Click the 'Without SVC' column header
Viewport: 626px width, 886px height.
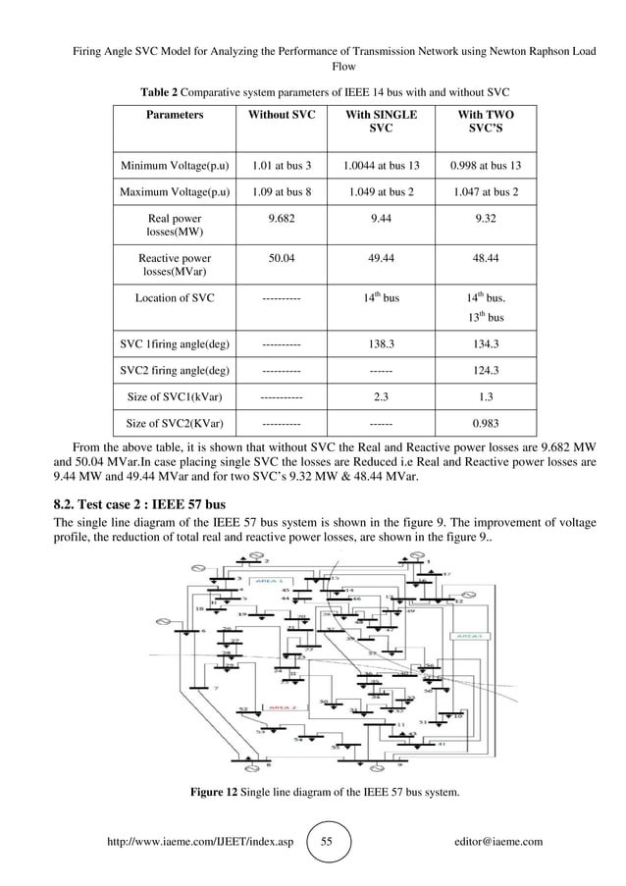pyautogui.click(x=283, y=115)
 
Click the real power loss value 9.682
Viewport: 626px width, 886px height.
pyautogui.click(x=283, y=220)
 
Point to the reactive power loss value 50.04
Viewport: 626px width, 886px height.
pyautogui.click(x=283, y=260)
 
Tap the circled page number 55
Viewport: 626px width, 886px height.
pyautogui.click(x=327, y=842)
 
